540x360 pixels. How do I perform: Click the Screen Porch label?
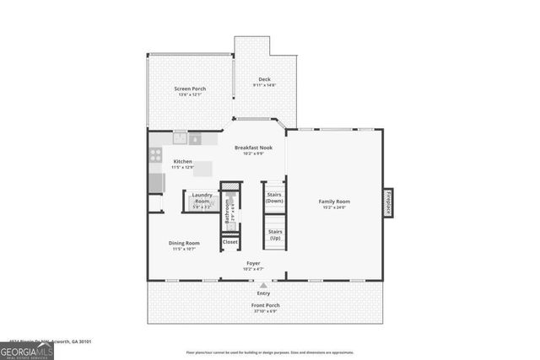pyautogui.click(x=190, y=89)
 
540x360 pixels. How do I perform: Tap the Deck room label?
pyautogui.click(x=264, y=79)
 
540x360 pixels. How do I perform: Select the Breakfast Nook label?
pyautogui.click(x=253, y=148)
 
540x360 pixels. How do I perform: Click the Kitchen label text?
pyautogui.click(x=183, y=161)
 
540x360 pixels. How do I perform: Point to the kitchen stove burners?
pyautogui.click(x=155, y=154)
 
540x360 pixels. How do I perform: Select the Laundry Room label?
pyautogui.click(x=201, y=198)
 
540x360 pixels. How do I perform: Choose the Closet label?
pyautogui.click(x=230, y=242)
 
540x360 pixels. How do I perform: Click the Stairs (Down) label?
pyautogui.click(x=274, y=198)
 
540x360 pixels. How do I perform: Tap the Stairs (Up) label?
pyautogui.click(x=274, y=234)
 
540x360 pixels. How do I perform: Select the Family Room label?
pyautogui.click(x=334, y=201)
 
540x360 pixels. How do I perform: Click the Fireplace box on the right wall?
pyautogui.click(x=388, y=202)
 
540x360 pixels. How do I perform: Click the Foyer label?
pyautogui.click(x=253, y=263)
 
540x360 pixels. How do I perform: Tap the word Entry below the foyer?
pyautogui.click(x=264, y=293)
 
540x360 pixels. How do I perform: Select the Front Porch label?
pyautogui.click(x=266, y=304)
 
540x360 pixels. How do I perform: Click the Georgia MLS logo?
pyautogui.click(x=27, y=348)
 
